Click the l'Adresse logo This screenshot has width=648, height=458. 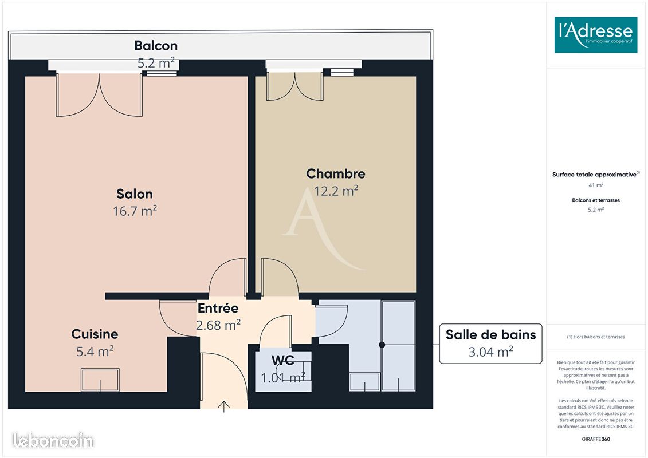[595, 35]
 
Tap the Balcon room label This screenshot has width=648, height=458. [156, 45]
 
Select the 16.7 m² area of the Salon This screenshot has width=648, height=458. [135, 211]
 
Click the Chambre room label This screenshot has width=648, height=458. [336, 173]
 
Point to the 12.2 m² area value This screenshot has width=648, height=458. [336, 191]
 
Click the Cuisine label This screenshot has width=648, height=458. [95, 334]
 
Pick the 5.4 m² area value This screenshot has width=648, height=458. [95, 351]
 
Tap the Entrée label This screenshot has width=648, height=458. [218, 307]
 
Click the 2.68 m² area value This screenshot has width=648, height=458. [218, 325]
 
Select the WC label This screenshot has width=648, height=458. [282, 360]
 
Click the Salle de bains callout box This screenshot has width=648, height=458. [490, 343]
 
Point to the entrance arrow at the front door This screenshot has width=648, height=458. [223, 406]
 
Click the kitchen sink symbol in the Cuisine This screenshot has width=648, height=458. [100, 380]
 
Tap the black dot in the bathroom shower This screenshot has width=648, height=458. [382, 345]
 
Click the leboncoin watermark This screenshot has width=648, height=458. [53, 440]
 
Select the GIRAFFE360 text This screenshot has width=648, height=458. [595, 439]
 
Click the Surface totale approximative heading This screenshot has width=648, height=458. [595, 174]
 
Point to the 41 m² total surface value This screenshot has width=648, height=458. [595, 185]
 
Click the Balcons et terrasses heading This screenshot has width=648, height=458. [595, 200]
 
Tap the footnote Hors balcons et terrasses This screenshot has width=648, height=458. [595, 337]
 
